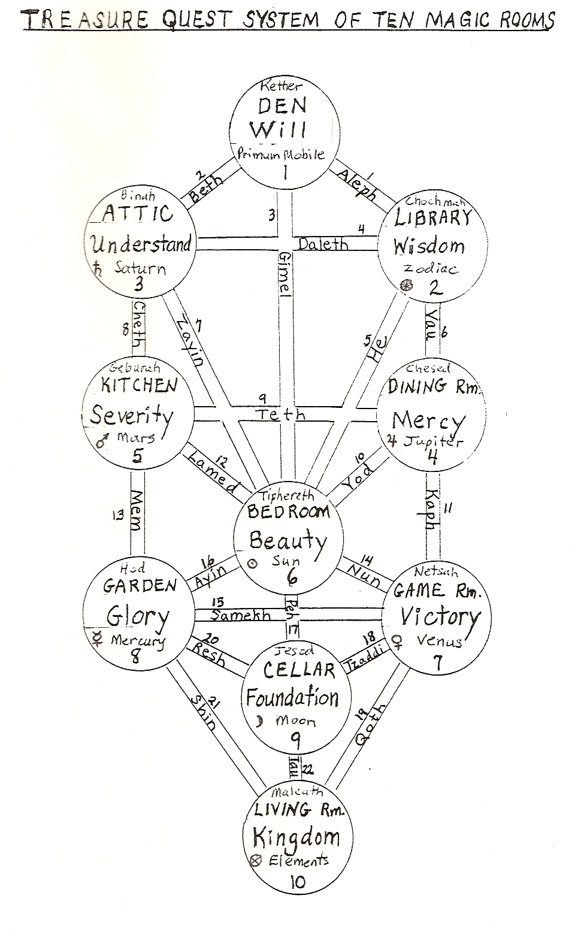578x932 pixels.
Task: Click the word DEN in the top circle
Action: click(282, 106)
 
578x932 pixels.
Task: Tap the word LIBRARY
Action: click(433, 218)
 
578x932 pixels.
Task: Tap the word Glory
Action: click(138, 616)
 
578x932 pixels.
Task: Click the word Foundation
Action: click(292, 698)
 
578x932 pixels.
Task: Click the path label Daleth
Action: click(323, 244)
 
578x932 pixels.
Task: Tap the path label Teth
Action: click(280, 414)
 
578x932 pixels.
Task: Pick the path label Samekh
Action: click(241, 616)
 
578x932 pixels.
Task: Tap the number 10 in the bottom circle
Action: click(296, 882)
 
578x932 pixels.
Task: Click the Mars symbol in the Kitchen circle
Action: click(102, 441)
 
